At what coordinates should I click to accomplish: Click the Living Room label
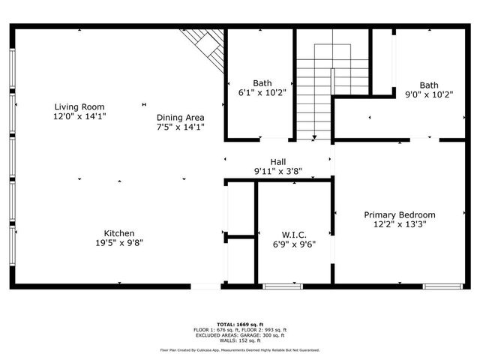(x=79, y=106)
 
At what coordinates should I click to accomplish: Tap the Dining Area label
(x=180, y=117)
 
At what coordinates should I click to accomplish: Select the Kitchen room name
(x=119, y=233)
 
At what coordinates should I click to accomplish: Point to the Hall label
(x=278, y=161)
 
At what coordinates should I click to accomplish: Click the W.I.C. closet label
(x=293, y=234)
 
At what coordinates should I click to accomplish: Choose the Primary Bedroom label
(x=400, y=214)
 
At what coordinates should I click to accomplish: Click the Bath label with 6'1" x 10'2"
(x=262, y=83)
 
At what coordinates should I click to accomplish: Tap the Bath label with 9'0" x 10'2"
(x=429, y=85)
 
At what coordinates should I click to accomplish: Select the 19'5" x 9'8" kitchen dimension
(x=119, y=243)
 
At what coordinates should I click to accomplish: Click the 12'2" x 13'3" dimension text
(x=400, y=224)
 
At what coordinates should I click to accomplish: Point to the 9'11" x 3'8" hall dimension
(x=278, y=171)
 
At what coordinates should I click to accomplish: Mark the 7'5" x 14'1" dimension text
(x=180, y=127)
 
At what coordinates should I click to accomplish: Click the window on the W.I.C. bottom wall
(x=282, y=286)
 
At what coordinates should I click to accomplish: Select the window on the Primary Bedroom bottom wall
(x=442, y=286)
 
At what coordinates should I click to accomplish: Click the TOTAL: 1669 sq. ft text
(x=239, y=322)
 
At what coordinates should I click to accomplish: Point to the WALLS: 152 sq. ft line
(x=239, y=340)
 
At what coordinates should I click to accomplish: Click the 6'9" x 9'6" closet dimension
(x=293, y=244)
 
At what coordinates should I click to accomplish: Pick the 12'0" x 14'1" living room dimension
(x=79, y=116)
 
